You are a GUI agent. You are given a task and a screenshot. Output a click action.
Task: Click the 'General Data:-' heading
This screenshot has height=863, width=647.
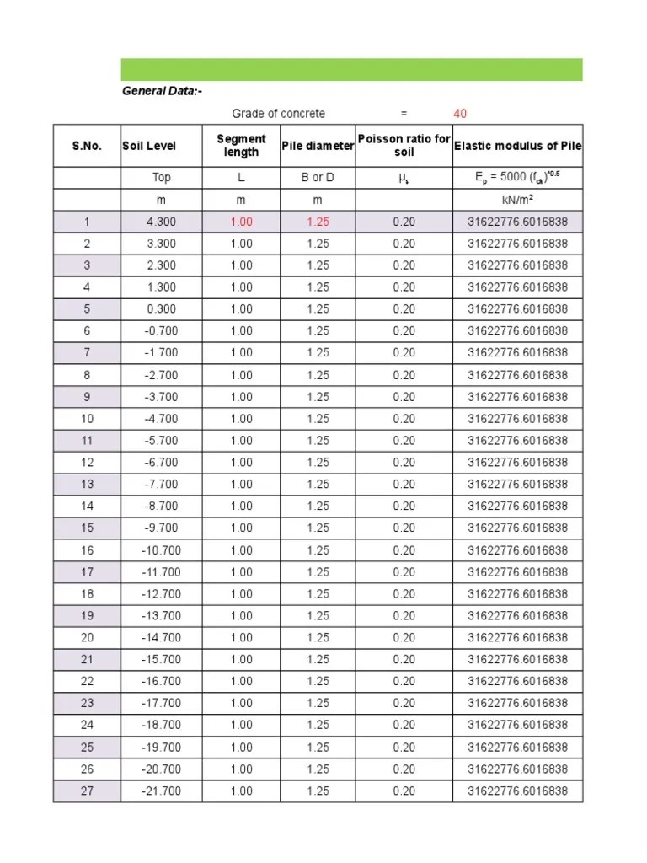(162, 92)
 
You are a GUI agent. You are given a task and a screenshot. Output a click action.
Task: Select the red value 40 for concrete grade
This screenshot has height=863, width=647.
(460, 114)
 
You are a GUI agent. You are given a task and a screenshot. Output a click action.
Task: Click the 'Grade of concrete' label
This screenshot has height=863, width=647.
(278, 114)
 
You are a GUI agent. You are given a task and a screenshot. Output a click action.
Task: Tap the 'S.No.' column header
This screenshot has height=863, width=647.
(87, 146)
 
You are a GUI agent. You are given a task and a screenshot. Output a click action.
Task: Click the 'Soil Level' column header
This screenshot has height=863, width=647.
(149, 146)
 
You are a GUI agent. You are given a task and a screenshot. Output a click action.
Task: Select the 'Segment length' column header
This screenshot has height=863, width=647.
(241, 146)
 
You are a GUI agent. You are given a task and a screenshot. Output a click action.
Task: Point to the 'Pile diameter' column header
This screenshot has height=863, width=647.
(318, 146)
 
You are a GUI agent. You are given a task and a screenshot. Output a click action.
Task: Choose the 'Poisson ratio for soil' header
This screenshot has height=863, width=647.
(404, 146)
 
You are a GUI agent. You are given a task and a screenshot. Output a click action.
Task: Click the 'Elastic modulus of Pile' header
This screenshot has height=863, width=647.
(517, 146)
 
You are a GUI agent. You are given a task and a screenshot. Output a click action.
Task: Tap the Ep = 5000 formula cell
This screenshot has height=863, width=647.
(517, 178)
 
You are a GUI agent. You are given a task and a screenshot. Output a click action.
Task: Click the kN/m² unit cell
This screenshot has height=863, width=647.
(517, 200)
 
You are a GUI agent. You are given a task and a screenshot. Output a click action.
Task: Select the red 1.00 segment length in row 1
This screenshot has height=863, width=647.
(241, 222)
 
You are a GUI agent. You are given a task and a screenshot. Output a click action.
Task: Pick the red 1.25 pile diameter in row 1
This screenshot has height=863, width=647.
(318, 222)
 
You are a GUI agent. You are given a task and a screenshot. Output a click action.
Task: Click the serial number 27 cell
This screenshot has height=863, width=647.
(88, 791)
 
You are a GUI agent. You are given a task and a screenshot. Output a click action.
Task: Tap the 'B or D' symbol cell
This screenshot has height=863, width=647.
(318, 178)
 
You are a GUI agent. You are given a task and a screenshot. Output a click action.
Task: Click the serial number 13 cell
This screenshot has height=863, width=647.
(88, 485)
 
